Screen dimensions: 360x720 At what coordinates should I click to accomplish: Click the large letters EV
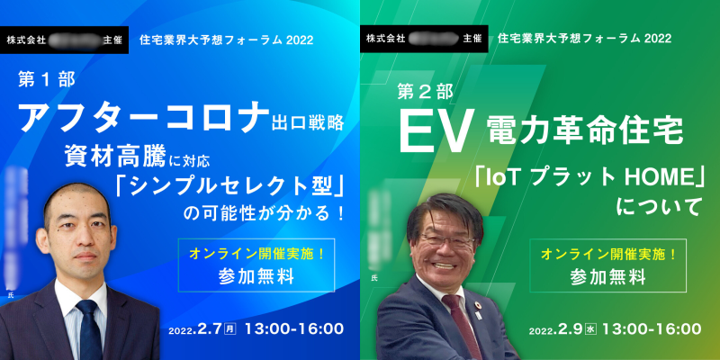pyautogui.click(x=436, y=131)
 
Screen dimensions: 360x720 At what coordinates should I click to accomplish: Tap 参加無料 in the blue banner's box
pyautogui.click(x=256, y=276)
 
